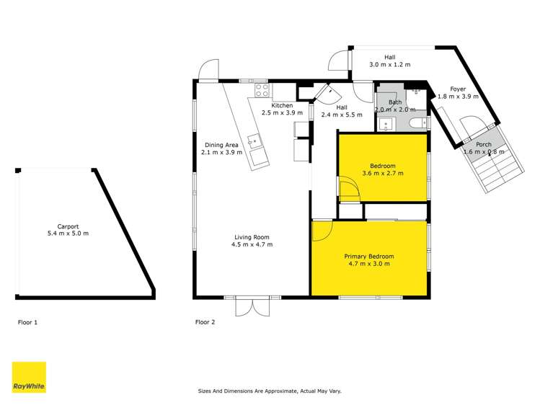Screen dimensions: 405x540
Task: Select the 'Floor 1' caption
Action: click(x=27, y=322)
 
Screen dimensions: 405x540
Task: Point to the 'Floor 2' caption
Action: click(x=205, y=322)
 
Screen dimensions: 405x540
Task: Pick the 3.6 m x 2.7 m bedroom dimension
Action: click(x=382, y=173)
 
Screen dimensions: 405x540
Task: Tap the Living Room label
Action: click(x=252, y=237)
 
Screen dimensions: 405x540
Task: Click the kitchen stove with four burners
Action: click(x=261, y=91)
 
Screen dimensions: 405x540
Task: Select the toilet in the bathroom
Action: click(x=417, y=125)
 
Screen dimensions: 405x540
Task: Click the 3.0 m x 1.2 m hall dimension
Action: click(x=389, y=64)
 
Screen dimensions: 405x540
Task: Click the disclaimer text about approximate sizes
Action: click(x=270, y=391)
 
